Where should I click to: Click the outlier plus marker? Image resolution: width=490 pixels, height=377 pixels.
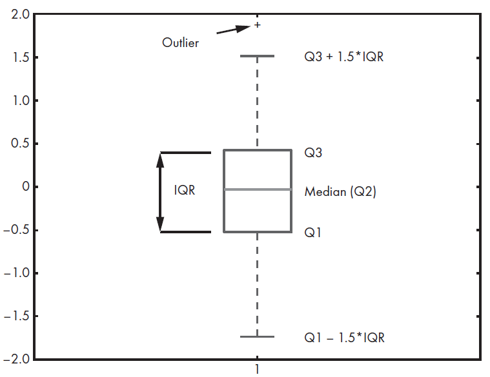click(258, 25)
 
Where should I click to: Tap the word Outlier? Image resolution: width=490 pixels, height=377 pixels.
click(180, 43)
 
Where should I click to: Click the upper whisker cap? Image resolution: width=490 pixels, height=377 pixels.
click(258, 56)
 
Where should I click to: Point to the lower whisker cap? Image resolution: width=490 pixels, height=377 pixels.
click(258, 336)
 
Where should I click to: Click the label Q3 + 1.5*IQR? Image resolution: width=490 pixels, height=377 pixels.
click(344, 57)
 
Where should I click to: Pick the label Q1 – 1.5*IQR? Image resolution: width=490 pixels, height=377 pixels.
click(344, 337)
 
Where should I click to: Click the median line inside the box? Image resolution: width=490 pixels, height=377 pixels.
click(258, 189)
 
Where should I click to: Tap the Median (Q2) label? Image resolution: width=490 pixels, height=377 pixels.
click(340, 191)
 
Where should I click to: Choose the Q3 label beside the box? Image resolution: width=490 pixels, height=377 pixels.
click(313, 153)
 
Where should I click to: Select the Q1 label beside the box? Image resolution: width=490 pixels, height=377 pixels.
click(313, 232)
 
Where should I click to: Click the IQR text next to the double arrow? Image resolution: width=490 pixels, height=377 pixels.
click(185, 191)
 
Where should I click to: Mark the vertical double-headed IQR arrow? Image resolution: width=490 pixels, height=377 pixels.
click(161, 191)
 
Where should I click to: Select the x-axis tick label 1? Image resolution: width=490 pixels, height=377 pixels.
click(258, 369)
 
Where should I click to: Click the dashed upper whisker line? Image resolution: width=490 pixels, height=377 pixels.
click(258, 103)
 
